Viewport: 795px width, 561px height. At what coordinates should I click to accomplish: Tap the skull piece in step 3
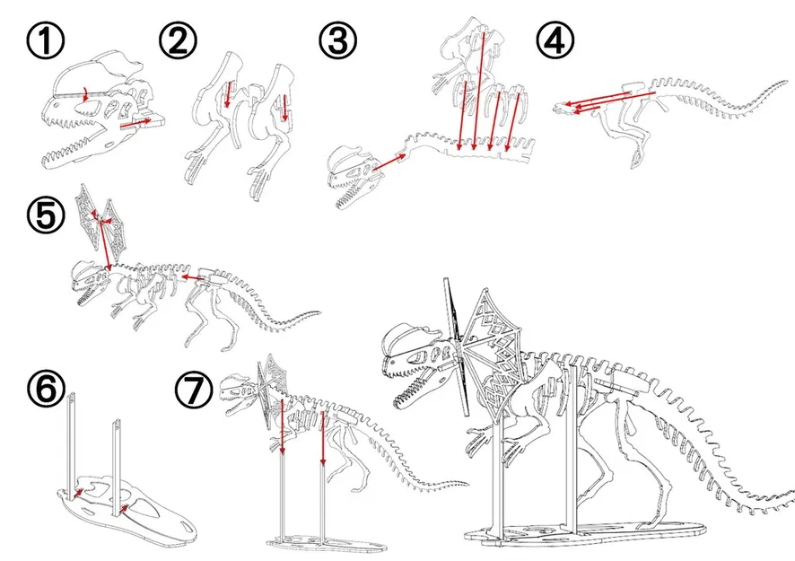[x=350, y=175]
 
